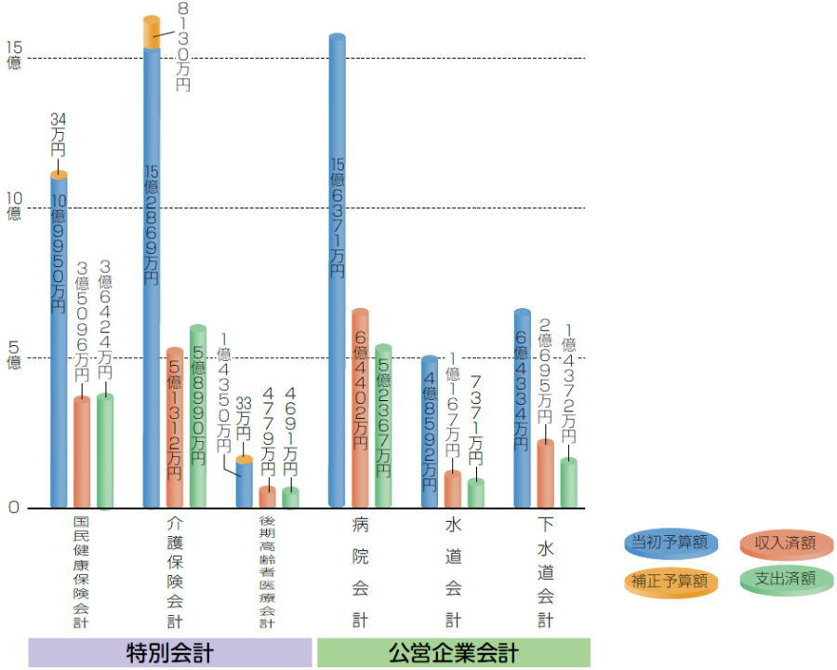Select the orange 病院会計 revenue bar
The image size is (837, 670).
[361, 409]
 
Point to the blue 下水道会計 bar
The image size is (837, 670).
[523, 409]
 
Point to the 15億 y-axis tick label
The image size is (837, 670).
[14, 55]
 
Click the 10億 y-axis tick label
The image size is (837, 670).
[14, 205]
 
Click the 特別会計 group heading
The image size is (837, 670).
[169, 652]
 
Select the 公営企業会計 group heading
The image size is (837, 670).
[453, 652]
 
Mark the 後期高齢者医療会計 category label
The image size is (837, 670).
[267, 572]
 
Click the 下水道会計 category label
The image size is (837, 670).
[546, 572]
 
